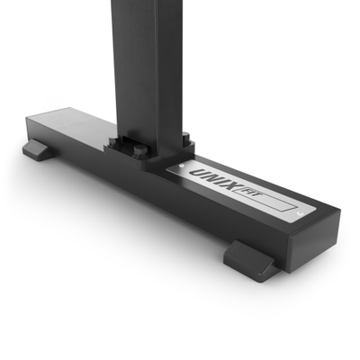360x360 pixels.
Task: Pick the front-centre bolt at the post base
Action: click(139, 153)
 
